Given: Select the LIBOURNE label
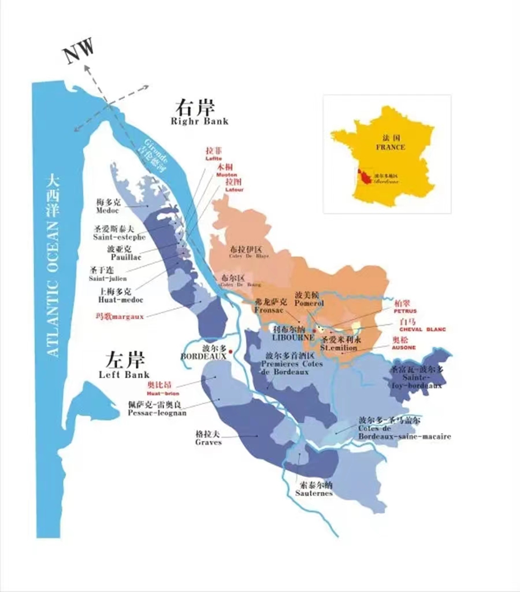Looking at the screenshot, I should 294,336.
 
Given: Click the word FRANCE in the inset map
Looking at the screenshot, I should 391,147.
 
